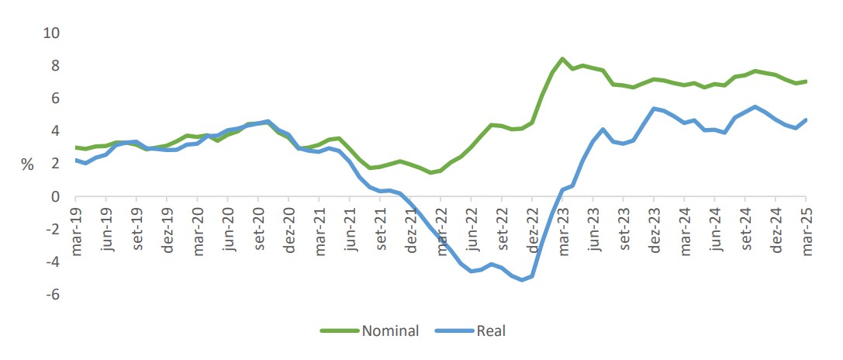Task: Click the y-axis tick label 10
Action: [50, 33]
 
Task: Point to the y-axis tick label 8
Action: [54, 66]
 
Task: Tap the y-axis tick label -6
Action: [52, 295]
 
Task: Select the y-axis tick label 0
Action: [54, 197]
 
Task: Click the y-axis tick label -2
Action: [52, 230]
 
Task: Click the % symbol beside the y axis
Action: [27, 164]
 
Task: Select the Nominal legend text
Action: [390, 331]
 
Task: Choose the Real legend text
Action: [491, 331]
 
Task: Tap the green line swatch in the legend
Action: [340, 331]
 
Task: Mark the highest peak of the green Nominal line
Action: [562, 59]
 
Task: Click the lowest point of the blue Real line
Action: [522, 279]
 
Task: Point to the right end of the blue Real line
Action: [807, 119]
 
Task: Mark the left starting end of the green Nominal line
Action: [77, 147]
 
